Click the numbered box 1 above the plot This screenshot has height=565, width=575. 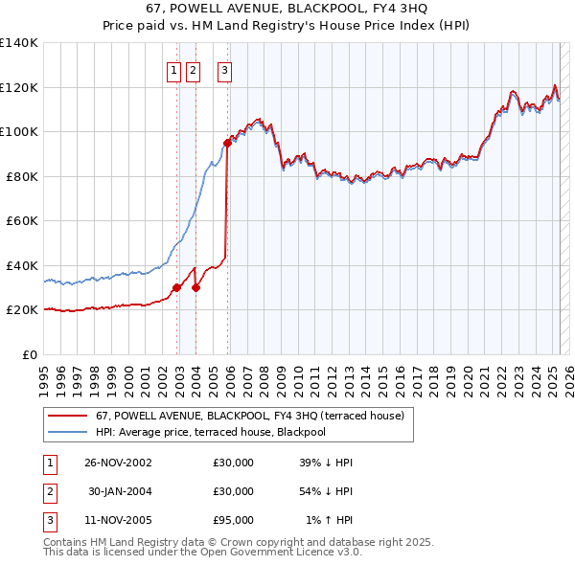click(x=173, y=69)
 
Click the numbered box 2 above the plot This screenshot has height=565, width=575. click(x=193, y=69)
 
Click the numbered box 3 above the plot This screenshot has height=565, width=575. click(x=224, y=69)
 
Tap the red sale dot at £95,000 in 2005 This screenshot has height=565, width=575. click(x=228, y=143)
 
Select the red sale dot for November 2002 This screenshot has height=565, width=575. click(x=177, y=287)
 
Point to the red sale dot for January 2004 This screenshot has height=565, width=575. click(x=195, y=287)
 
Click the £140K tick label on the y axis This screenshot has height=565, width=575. click(x=19, y=43)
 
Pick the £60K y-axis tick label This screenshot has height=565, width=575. click(x=22, y=220)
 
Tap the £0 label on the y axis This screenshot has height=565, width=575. click(x=31, y=354)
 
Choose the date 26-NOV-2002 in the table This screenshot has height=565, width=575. click(x=118, y=463)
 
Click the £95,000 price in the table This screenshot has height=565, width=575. click(x=233, y=520)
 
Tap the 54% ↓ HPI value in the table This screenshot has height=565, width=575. click(x=326, y=491)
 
